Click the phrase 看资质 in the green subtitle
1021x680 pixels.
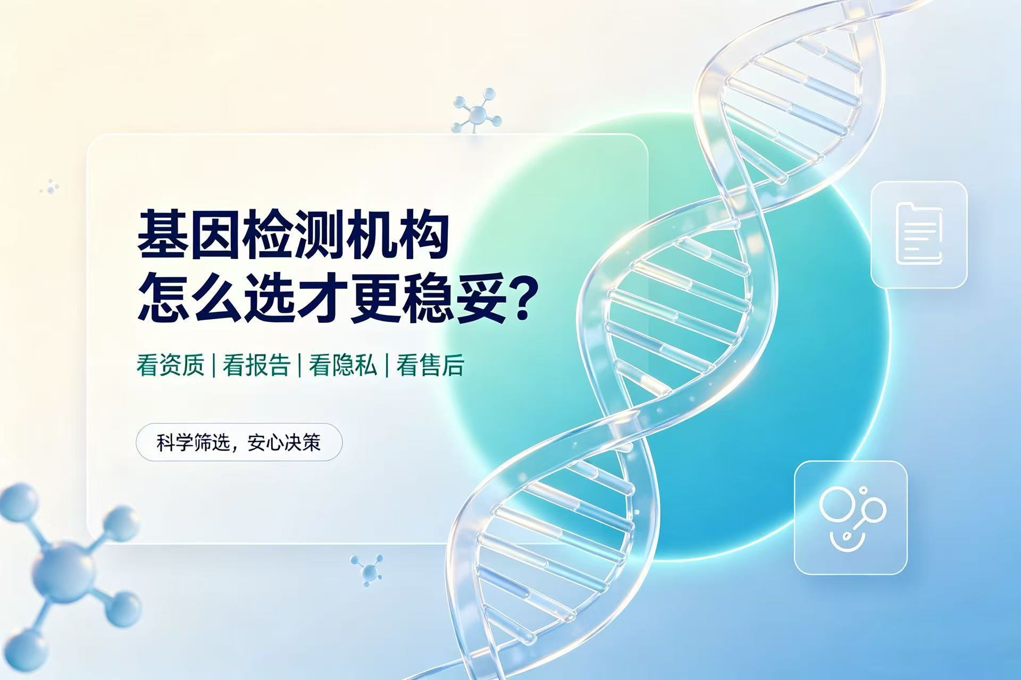point(170,365)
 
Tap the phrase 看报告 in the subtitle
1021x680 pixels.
point(256,365)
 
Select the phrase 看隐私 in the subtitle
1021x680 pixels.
point(343,365)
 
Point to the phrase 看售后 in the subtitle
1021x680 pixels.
point(430,365)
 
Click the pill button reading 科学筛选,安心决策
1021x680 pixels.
point(239,442)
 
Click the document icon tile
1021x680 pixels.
point(919,235)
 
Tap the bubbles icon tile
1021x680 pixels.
point(850,518)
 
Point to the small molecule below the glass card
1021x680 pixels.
point(367,570)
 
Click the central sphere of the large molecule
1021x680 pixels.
point(63,570)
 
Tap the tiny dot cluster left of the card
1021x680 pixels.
point(49,186)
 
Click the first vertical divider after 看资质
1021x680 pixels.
point(213,365)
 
